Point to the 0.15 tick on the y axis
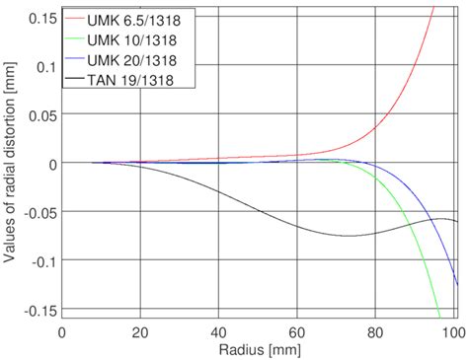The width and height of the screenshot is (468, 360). pos(41,19)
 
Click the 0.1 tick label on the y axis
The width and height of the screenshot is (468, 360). pos(45,67)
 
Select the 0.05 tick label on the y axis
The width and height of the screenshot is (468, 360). pos(41,114)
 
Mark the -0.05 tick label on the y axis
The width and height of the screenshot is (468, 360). pos(39,211)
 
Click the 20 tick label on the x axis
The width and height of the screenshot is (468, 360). pos(140,333)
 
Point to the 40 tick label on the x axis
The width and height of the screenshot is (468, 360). pos(219,333)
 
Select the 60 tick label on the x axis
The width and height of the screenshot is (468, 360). pos(298,333)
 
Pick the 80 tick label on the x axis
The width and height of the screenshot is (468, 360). pos(376,333)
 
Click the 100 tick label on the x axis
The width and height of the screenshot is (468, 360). pos(451,333)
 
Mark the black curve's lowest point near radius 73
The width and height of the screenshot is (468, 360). pos(350,236)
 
